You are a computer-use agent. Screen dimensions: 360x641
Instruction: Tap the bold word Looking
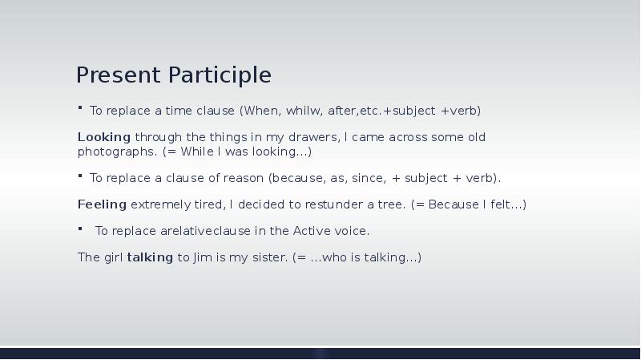(x=103, y=137)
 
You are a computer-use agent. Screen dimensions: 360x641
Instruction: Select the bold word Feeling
(x=102, y=204)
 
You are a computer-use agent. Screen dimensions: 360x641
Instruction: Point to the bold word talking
(x=150, y=257)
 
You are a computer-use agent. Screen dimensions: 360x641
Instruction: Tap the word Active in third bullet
(x=310, y=231)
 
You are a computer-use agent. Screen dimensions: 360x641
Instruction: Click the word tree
(x=391, y=204)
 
